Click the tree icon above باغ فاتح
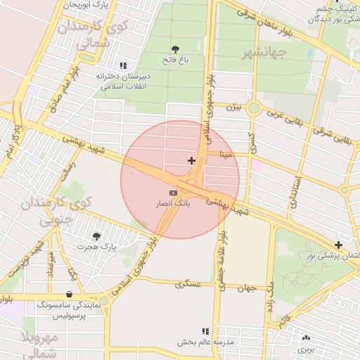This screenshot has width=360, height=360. tap(174, 49)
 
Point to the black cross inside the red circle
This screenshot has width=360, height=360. tap(191, 161)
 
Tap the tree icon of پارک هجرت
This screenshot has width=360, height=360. tap(96, 236)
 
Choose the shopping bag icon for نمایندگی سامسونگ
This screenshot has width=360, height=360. tap(69, 295)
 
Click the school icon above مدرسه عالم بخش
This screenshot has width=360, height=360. tap(205, 330)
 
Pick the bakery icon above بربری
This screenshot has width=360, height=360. tap(306, 337)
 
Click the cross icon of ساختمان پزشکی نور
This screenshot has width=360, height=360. tap(339, 245)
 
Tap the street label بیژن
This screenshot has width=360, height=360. tap(233, 108)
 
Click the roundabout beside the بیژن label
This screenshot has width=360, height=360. tap(253, 108)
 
